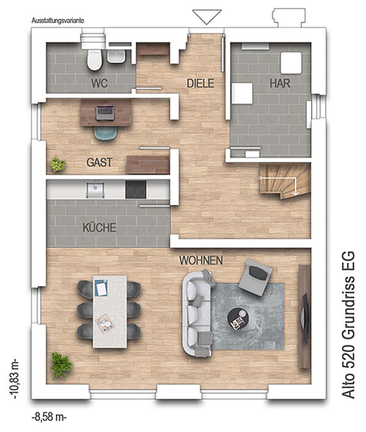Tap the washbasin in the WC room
(x=117, y=56)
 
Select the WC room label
(x=99, y=83)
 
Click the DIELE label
(x=200, y=83)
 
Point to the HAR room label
(x=280, y=83)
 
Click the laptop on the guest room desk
(x=105, y=113)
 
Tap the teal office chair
(x=106, y=133)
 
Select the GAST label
(x=99, y=162)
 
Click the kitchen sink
(x=95, y=190)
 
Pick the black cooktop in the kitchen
(x=136, y=190)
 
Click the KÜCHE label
(x=99, y=228)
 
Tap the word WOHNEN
(x=201, y=261)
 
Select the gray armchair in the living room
(x=256, y=277)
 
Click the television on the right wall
(x=304, y=319)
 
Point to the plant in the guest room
(x=58, y=165)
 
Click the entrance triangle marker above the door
(x=207, y=17)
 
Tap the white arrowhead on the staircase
(x=295, y=193)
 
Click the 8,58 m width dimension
(x=49, y=417)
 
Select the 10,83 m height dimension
(x=15, y=379)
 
